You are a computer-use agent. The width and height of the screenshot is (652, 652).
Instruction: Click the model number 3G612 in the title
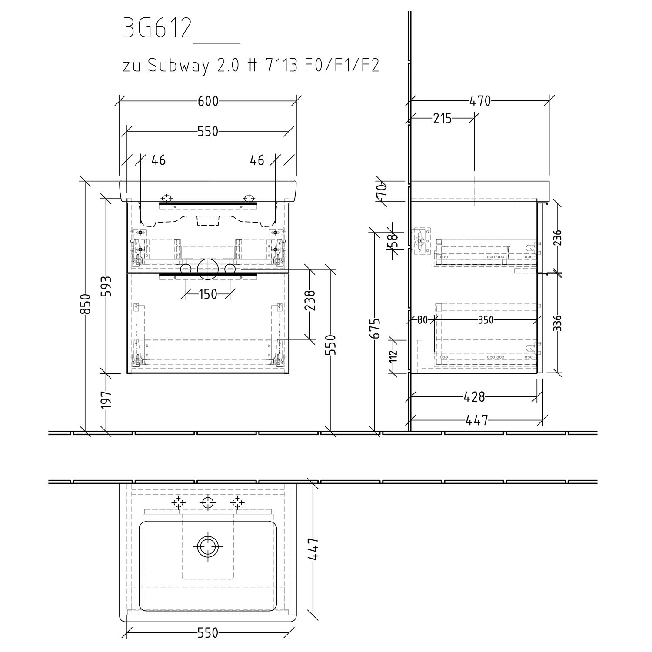158,29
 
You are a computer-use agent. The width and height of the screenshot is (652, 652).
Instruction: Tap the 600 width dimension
208,101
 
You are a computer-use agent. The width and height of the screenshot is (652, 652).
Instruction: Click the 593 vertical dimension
106,286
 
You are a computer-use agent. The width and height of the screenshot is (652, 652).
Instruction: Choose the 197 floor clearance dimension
106,399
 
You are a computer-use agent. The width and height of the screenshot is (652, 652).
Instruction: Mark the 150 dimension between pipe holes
208,294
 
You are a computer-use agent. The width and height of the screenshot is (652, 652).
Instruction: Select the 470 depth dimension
480,101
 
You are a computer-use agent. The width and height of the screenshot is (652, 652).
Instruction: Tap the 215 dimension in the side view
442,118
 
